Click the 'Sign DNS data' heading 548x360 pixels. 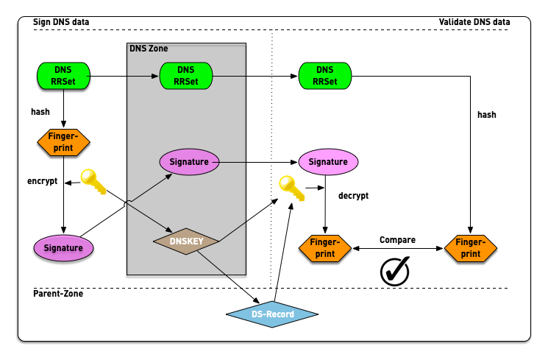click(x=62, y=22)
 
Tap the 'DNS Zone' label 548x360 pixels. click(x=149, y=49)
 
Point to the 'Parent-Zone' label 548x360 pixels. click(x=58, y=294)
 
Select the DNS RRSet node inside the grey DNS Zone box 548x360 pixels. click(x=186, y=75)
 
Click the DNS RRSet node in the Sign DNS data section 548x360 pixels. click(x=63, y=75)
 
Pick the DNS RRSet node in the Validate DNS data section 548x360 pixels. click(x=324, y=75)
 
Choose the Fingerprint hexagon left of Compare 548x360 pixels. click(x=324, y=248)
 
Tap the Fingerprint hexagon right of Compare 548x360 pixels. click(x=471, y=248)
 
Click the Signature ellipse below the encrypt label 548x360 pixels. click(x=63, y=248)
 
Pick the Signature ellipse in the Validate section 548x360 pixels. click(x=327, y=160)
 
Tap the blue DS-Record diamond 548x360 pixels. click(x=272, y=314)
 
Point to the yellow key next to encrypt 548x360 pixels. click(x=94, y=182)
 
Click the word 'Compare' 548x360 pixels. click(x=397, y=240)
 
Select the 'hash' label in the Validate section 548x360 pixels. click(x=486, y=115)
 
